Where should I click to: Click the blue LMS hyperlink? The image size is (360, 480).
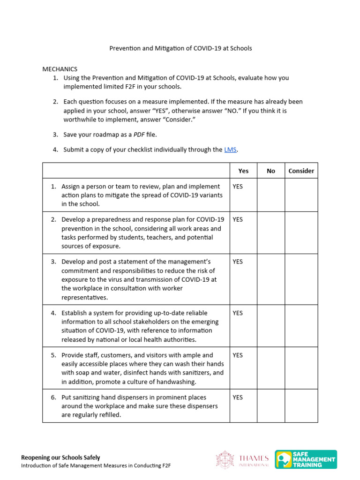point(231,150)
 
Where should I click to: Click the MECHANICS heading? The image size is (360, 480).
point(60,69)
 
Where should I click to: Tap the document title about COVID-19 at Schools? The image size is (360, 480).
point(180,48)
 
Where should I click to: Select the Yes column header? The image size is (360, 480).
point(243,171)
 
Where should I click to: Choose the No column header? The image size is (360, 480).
point(271,171)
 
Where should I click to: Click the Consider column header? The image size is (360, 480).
point(301,171)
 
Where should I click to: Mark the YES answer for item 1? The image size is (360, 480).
point(238,186)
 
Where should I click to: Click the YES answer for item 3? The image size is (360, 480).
point(238,262)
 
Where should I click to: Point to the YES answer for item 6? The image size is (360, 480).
point(238,397)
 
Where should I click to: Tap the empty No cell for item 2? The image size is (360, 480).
point(271,232)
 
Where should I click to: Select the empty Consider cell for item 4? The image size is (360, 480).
point(301,326)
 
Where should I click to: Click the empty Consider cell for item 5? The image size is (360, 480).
point(301,368)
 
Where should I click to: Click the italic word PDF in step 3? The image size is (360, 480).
point(139,135)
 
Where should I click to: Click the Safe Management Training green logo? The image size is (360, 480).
point(306,459)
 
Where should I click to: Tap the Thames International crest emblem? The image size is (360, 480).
point(224,459)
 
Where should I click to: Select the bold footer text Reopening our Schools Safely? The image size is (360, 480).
point(60,457)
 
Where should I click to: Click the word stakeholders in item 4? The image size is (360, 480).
point(132,322)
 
